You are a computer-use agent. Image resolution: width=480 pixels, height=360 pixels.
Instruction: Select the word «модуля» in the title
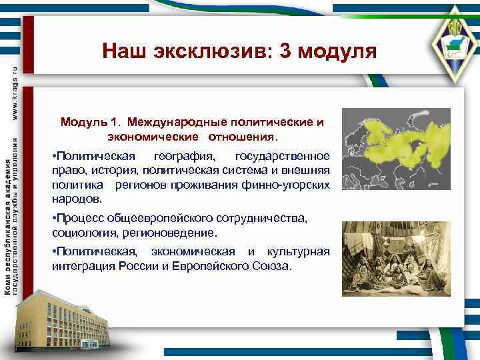[337, 51]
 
